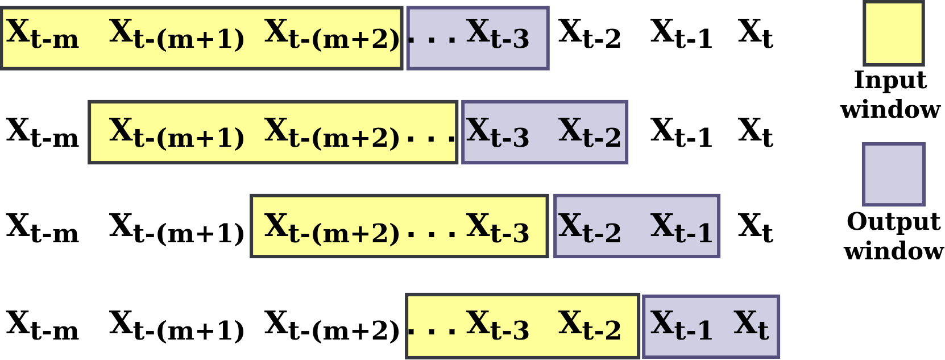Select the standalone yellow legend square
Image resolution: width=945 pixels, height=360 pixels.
pos(893,34)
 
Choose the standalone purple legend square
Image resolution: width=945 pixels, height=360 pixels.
pos(893,174)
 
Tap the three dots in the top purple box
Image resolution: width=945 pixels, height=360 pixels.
pos(432,40)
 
